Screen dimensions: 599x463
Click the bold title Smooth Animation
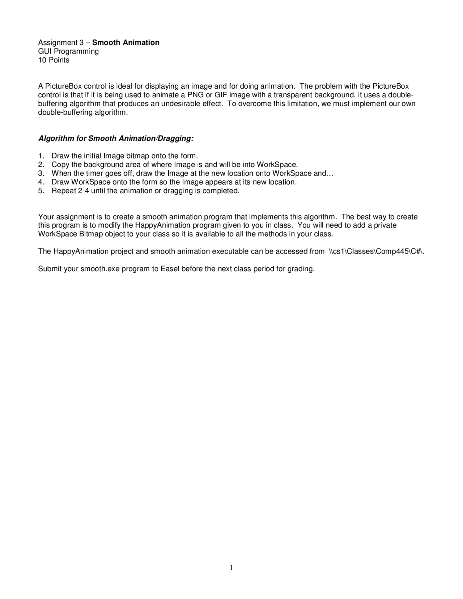tap(126, 43)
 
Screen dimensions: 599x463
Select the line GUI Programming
tap(68, 51)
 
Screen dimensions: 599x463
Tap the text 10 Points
tap(54, 60)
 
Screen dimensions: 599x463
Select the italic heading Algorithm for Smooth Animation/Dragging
tap(116, 139)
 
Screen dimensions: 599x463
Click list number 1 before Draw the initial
tap(41, 156)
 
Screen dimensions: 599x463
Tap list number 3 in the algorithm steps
tap(41, 173)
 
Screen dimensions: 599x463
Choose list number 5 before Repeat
tap(41, 191)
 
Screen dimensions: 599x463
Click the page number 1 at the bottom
tap(231, 568)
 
